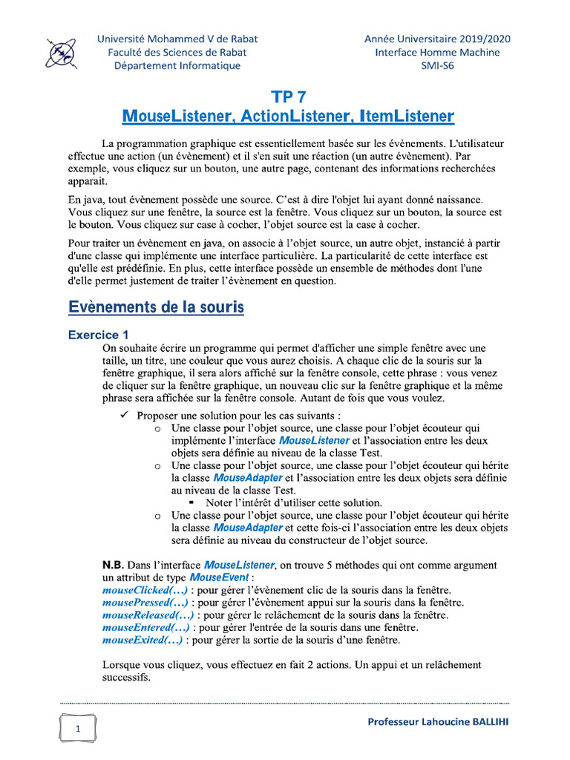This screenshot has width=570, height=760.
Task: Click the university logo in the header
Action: click(60, 51)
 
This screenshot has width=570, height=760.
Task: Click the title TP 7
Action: click(288, 97)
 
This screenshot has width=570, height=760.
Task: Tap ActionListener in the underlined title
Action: click(288, 117)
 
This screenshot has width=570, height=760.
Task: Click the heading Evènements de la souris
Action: click(156, 307)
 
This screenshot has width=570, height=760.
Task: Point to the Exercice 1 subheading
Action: click(99, 335)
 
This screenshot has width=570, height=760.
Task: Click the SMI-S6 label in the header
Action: click(437, 65)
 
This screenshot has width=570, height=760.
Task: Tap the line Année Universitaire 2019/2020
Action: click(437, 39)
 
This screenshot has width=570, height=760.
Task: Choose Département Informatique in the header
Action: click(177, 65)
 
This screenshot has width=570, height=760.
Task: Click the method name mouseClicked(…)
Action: click(136, 590)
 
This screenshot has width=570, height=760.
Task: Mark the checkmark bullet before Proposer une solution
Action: click(125, 415)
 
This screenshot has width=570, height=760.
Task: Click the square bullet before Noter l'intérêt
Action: click(192, 502)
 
